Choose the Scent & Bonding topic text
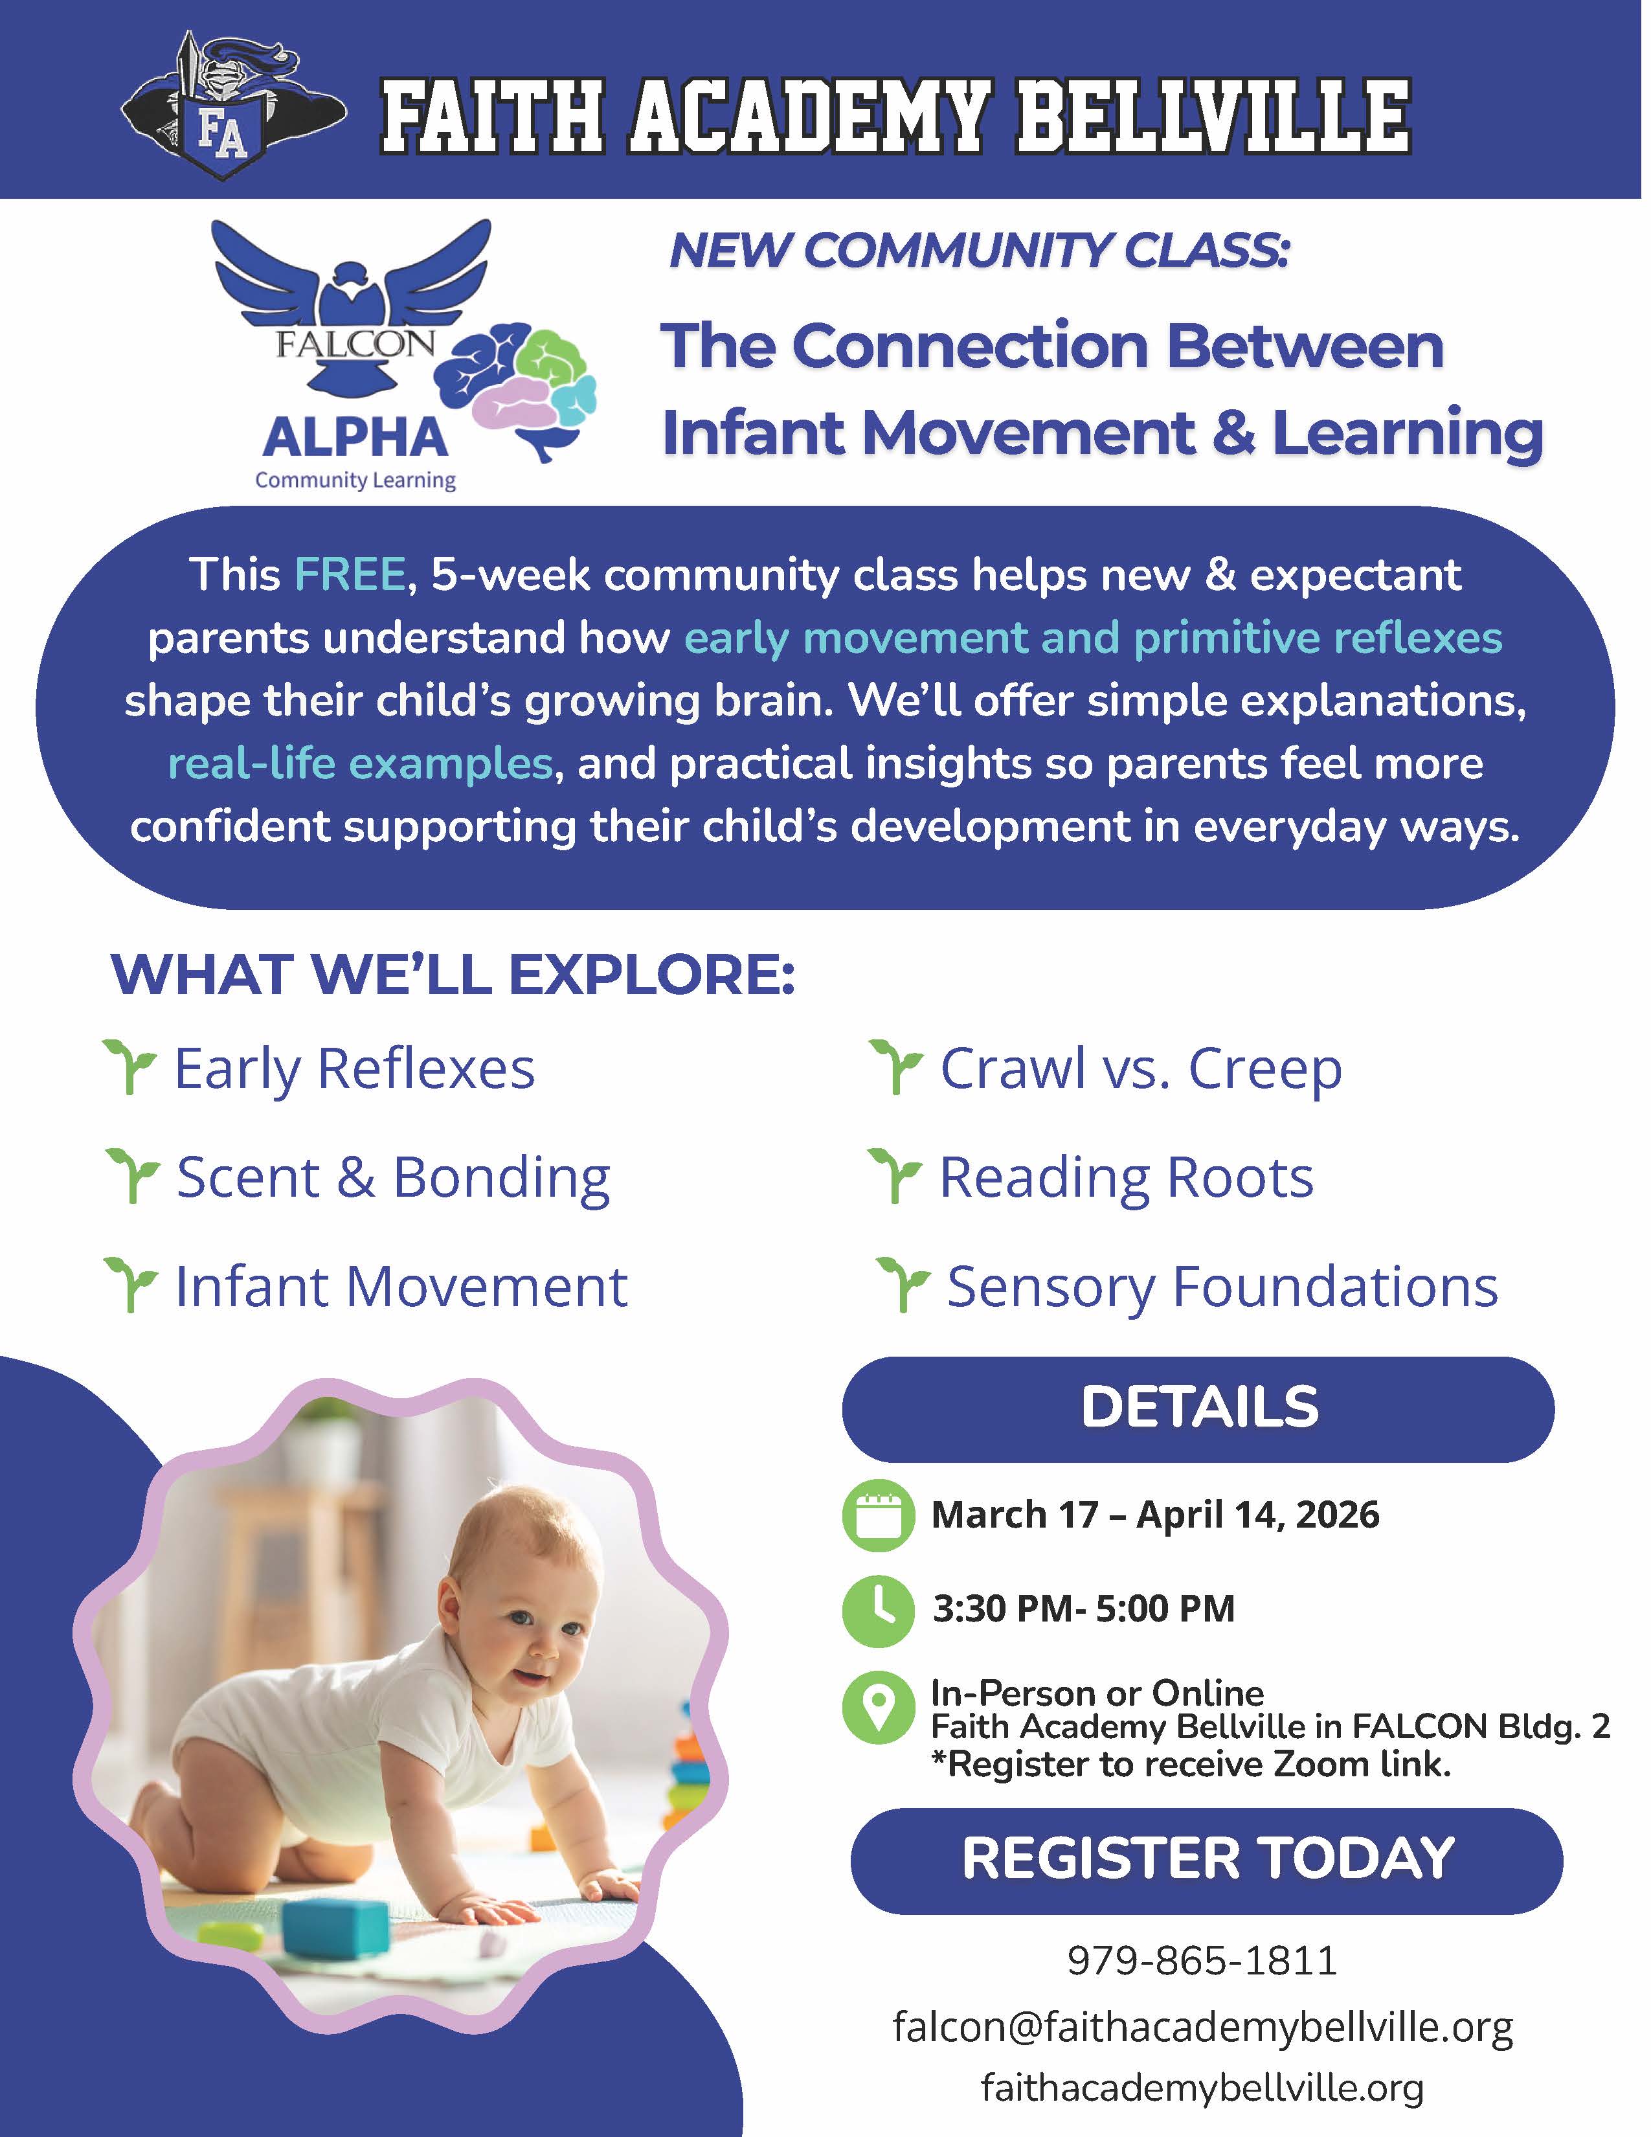[393, 1177]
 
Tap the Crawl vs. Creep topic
[1140, 1068]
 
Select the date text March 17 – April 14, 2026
[1155, 1515]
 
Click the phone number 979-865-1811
[1202, 1961]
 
